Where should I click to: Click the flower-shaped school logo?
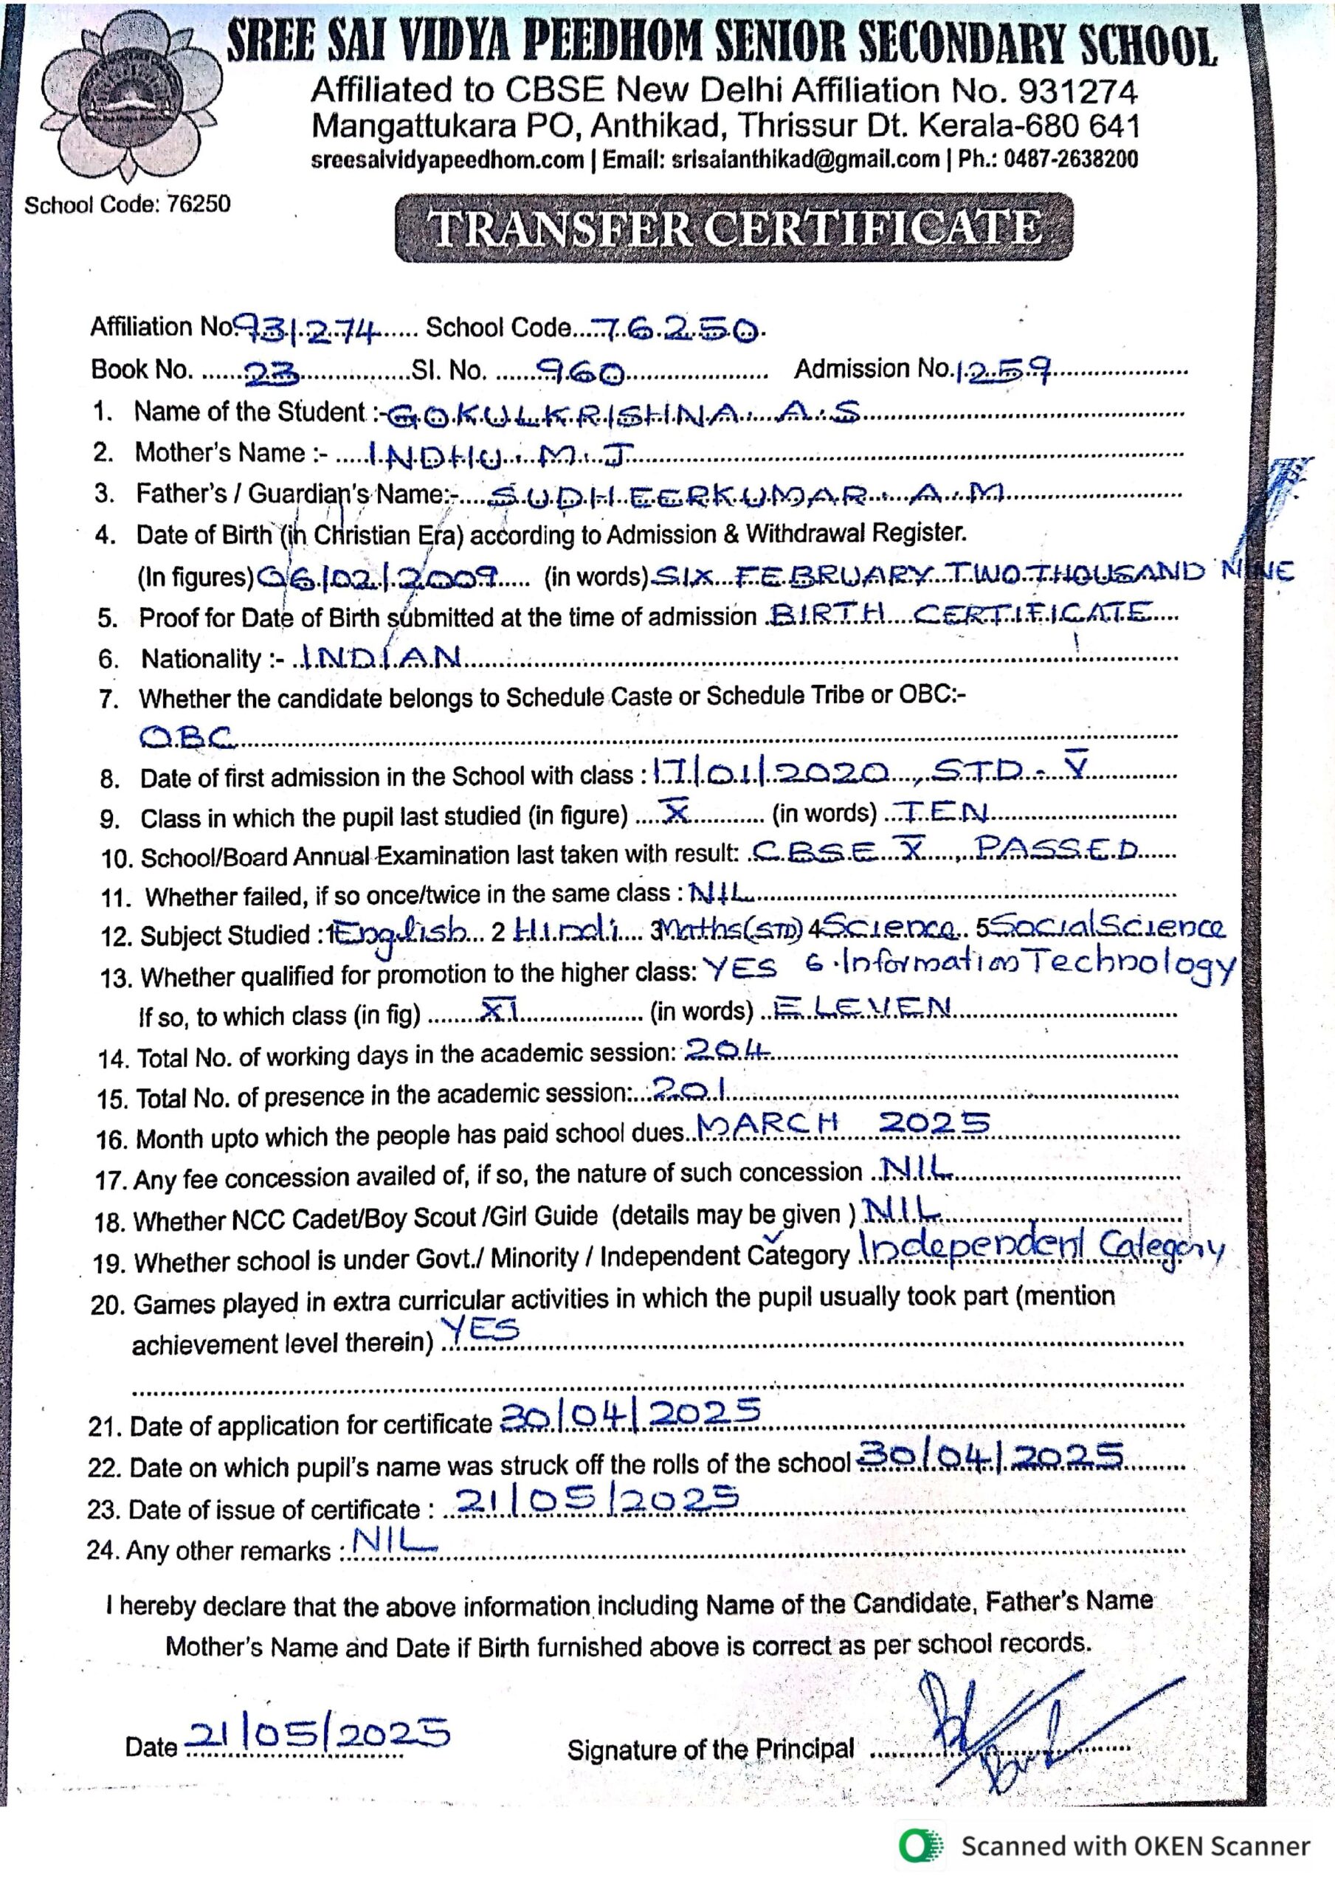[131, 103]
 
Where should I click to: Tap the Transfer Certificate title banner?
[734, 228]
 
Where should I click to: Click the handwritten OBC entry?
[188, 737]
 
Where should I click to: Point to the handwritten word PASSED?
[1057, 849]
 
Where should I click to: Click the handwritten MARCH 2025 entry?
[843, 1124]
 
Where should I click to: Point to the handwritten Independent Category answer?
[1041, 1251]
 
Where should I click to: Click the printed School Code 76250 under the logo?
[128, 205]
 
